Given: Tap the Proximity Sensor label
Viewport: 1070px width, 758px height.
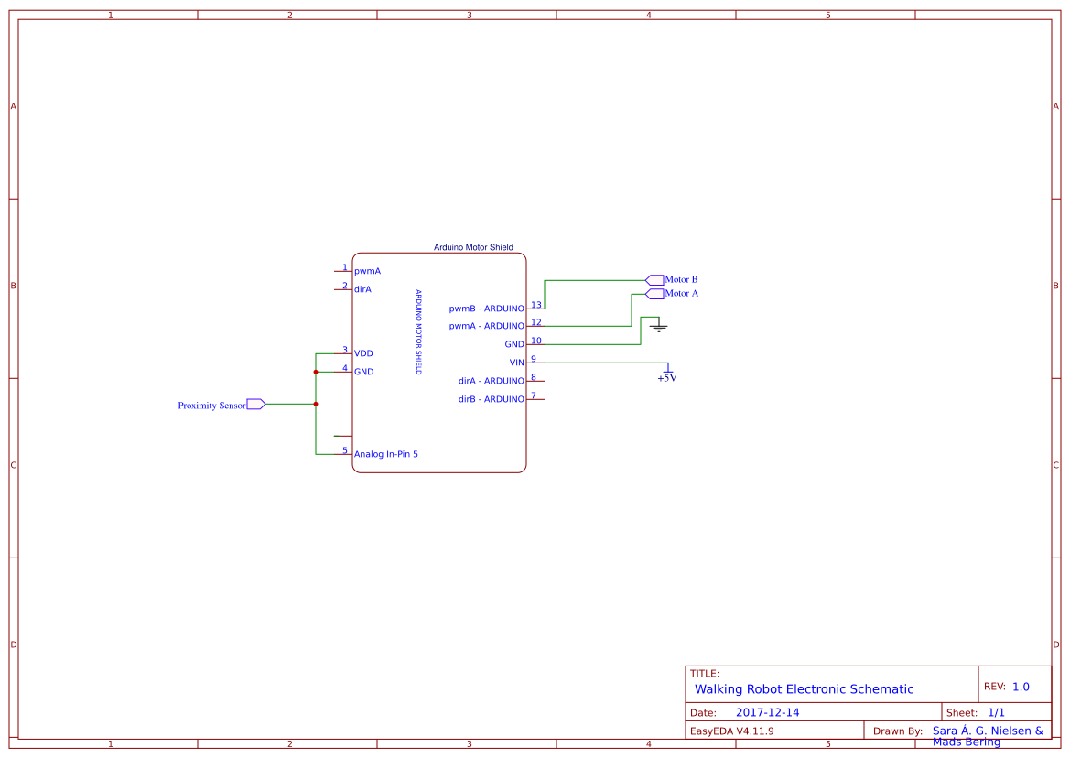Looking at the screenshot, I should tap(211, 406).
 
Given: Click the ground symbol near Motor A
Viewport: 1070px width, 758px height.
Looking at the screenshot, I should tap(658, 325).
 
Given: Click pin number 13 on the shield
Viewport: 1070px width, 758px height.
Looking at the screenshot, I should tap(536, 305).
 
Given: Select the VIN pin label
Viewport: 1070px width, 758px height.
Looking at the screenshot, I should tap(517, 363).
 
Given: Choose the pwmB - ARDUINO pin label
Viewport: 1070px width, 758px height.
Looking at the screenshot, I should tap(487, 309).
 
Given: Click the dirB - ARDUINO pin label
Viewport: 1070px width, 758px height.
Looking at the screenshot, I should tap(492, 399).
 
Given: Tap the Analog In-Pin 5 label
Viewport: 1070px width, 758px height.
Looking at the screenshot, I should tap(385, 454).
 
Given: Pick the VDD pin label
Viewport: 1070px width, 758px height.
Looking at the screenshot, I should tap(363, 353).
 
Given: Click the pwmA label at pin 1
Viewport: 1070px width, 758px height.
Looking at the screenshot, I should tap(367, 271).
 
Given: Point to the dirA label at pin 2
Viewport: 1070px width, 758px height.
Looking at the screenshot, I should tap(362, 289).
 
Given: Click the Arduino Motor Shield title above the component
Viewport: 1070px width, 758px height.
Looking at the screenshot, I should tap(473, 247).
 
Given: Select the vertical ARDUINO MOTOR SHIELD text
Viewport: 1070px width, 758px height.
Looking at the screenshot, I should tap(418, 332).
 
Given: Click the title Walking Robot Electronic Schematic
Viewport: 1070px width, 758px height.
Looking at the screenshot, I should tap(804, 689).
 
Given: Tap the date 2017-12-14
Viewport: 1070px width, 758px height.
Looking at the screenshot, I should tap(767, 712).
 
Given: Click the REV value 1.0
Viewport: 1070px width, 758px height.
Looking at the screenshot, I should tap(1021, 687).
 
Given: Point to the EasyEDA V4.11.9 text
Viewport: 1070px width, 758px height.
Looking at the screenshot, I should tap(731, 731).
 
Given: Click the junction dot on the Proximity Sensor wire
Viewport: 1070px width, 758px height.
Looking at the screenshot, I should tap(316, 404).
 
